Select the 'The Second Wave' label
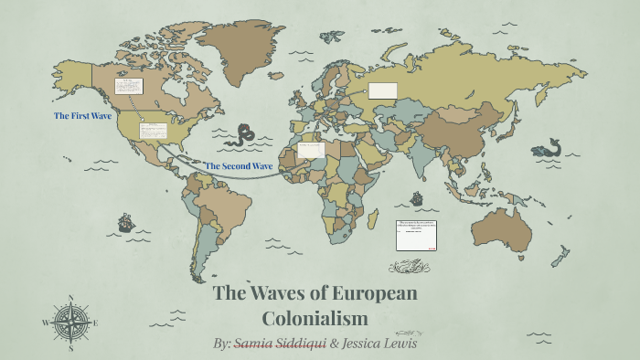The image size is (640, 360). [239, 165]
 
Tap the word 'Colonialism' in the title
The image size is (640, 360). [315, 318]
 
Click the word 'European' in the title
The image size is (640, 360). [367, 294]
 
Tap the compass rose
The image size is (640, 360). [69, 322]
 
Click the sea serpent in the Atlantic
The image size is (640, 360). [243, 136]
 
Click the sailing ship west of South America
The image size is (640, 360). [126, 222]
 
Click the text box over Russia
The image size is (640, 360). [383, 90]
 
